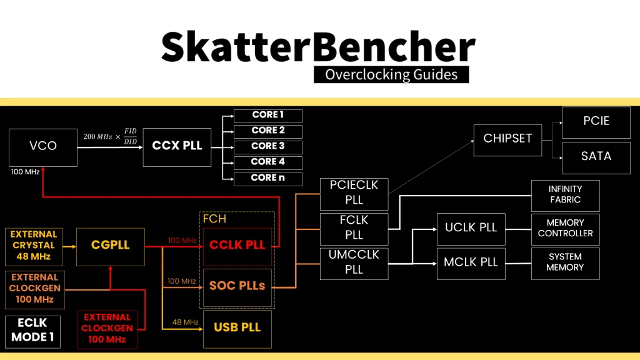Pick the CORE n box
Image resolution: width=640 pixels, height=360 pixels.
click(x=267, y=179)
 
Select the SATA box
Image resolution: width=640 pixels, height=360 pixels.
click(x=596, y=157)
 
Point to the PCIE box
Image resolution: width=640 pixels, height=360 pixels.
click(x=596, y=122)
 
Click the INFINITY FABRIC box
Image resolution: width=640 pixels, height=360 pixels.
click(x=564, y=195)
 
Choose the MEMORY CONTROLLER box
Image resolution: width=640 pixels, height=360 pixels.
click(x=564, y=229)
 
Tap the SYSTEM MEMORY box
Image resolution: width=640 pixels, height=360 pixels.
click(x=564, y=262)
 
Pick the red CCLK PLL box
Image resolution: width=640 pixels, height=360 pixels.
click(x=237, y=246)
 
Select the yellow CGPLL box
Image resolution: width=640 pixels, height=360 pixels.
click(x=111, y=246)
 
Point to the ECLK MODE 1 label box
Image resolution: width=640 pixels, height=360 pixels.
click(x=33, y=332)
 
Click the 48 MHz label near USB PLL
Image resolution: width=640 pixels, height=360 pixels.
click(x=185, y=322)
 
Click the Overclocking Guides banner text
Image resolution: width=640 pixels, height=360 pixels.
click(x=391, y=75)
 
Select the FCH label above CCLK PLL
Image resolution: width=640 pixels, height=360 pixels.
click(x=214, y=220)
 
